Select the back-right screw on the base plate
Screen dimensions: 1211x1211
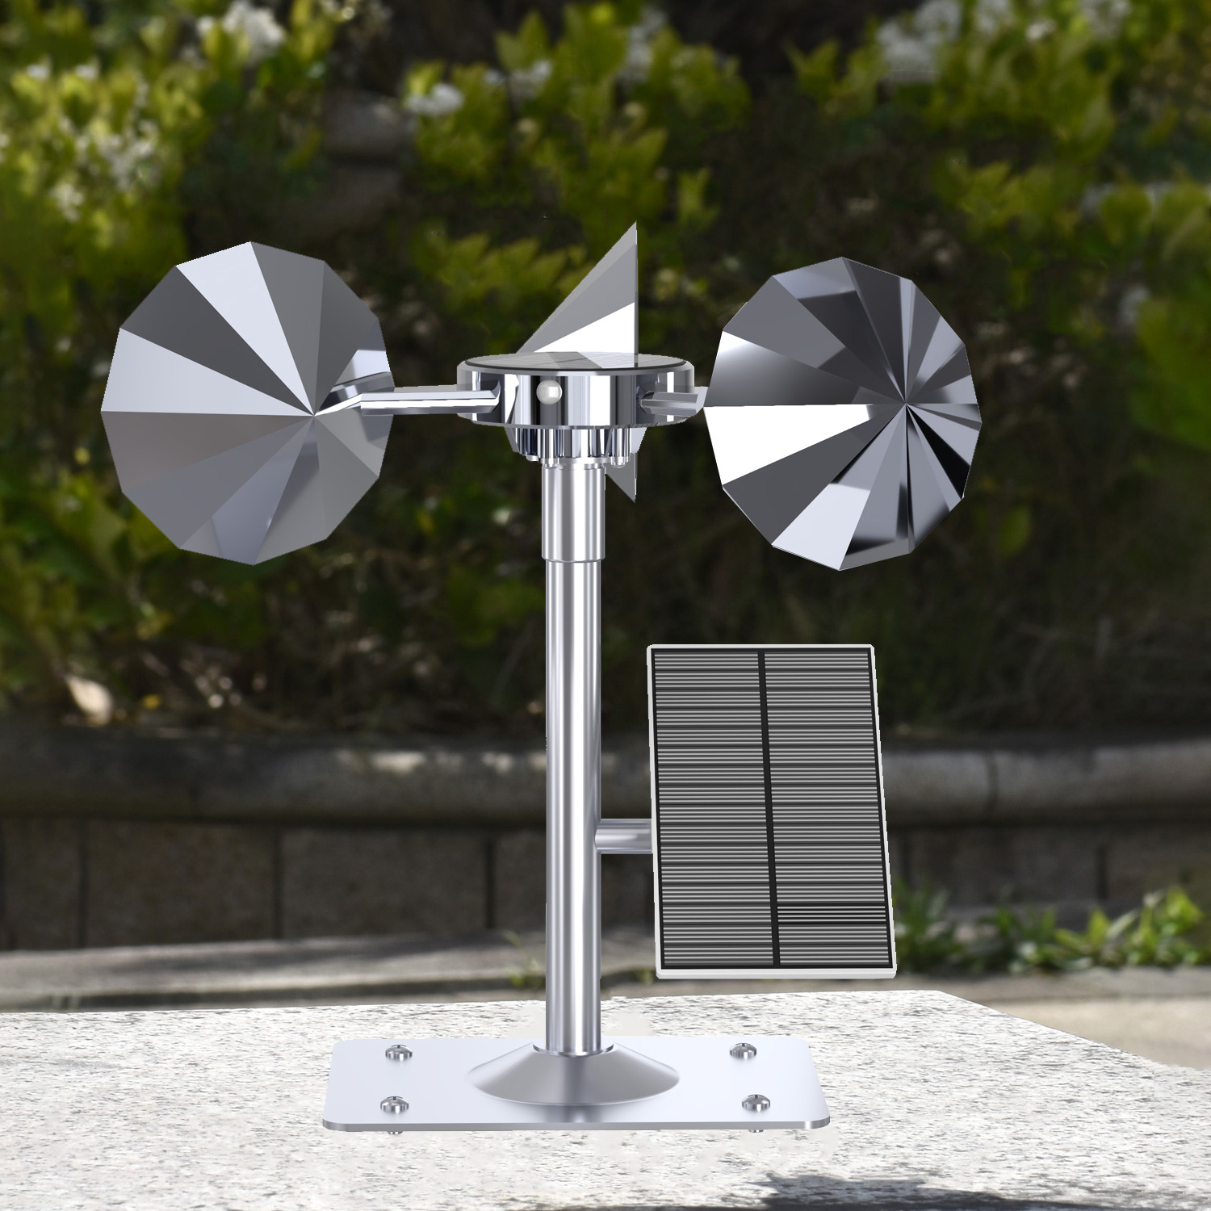tap(740, 1051)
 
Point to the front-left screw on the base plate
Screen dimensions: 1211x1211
tap(393, 1102)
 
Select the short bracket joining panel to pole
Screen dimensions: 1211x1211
tap(623, 836)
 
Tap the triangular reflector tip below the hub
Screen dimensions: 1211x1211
tap(626, 476)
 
